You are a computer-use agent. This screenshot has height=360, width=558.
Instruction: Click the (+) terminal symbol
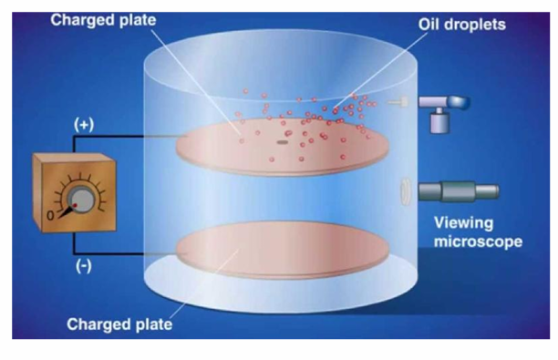coord(83,125)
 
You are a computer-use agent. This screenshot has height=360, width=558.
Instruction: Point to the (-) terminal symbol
coord(84,265)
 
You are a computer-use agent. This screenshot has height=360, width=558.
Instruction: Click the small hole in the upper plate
coord(282,142)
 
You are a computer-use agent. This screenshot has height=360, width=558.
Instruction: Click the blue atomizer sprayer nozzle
coord(438,102)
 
